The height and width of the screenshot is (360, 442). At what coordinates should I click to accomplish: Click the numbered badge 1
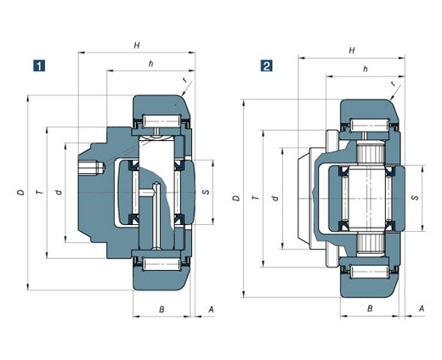click(39, 65)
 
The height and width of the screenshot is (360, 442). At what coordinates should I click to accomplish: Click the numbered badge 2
click(266, 65)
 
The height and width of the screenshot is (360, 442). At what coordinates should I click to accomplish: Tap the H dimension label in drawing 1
click(137, 45)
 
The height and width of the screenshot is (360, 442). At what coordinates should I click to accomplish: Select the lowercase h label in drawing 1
click(151, 64)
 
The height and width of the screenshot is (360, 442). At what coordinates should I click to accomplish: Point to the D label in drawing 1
click(20, 193)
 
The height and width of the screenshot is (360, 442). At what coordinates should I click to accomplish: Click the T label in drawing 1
click(40, 193)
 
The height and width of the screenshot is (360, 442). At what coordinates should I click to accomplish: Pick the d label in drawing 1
click(59, 193)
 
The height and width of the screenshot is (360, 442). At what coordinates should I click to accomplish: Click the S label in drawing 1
click(207, 192)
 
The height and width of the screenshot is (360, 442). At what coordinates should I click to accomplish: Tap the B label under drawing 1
click(161, 309)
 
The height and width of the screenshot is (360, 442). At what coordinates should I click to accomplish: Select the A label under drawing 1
click(211, 309)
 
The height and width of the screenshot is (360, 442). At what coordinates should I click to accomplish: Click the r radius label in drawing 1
click(185, 80)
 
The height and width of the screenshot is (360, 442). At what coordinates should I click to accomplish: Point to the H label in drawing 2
click(352, 50)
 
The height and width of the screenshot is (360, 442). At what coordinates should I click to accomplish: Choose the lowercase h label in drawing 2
click(365, 69)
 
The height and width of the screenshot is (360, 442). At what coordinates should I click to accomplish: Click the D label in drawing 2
click(236, 198)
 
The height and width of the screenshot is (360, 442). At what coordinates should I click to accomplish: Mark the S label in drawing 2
click(416, 198)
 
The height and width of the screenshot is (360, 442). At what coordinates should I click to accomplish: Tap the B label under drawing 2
click(370, 308)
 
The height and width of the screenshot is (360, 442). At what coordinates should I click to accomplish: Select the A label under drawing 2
click(422, 308)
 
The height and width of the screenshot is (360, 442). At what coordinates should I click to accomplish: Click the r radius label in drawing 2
click(393, 84)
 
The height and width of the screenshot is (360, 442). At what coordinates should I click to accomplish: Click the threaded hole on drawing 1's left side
click(91, 168)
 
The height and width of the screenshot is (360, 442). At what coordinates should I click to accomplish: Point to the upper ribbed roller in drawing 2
click(370, 153)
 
